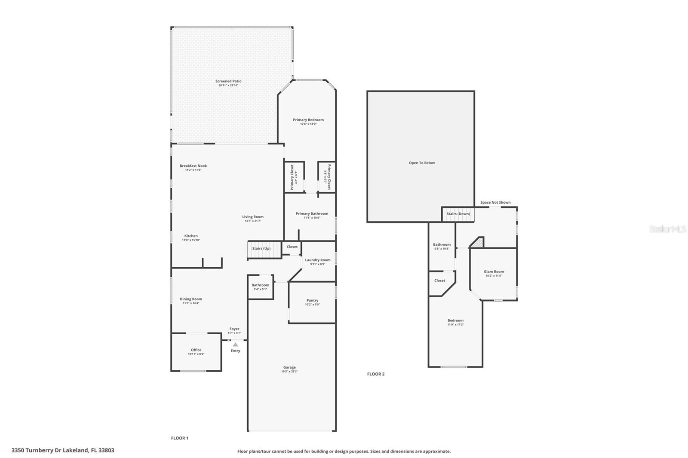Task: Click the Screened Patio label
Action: pos(228,81)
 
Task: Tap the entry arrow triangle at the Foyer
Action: pos(235,345)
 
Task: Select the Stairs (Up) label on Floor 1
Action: pos(261,248)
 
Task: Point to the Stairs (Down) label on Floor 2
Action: pos(458,214)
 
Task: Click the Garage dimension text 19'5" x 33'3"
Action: pos(289,372)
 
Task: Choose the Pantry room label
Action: pos(312,300)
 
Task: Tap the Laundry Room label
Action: pos(318,260)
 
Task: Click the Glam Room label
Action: pos(494,272)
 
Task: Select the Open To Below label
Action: pos(421,163)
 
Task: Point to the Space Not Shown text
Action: pos(495,202)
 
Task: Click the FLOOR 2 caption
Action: pos(375,374)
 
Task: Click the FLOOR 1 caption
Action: pos(180,438)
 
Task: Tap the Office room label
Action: pos(196,350)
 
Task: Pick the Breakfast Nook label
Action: pos(193,166)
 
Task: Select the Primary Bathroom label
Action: pos(312,214)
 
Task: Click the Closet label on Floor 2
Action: pos(439,281)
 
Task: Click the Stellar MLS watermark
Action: pos(667,229)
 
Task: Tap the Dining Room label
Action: pos(191,299)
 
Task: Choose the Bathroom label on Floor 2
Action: pos(442,244)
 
